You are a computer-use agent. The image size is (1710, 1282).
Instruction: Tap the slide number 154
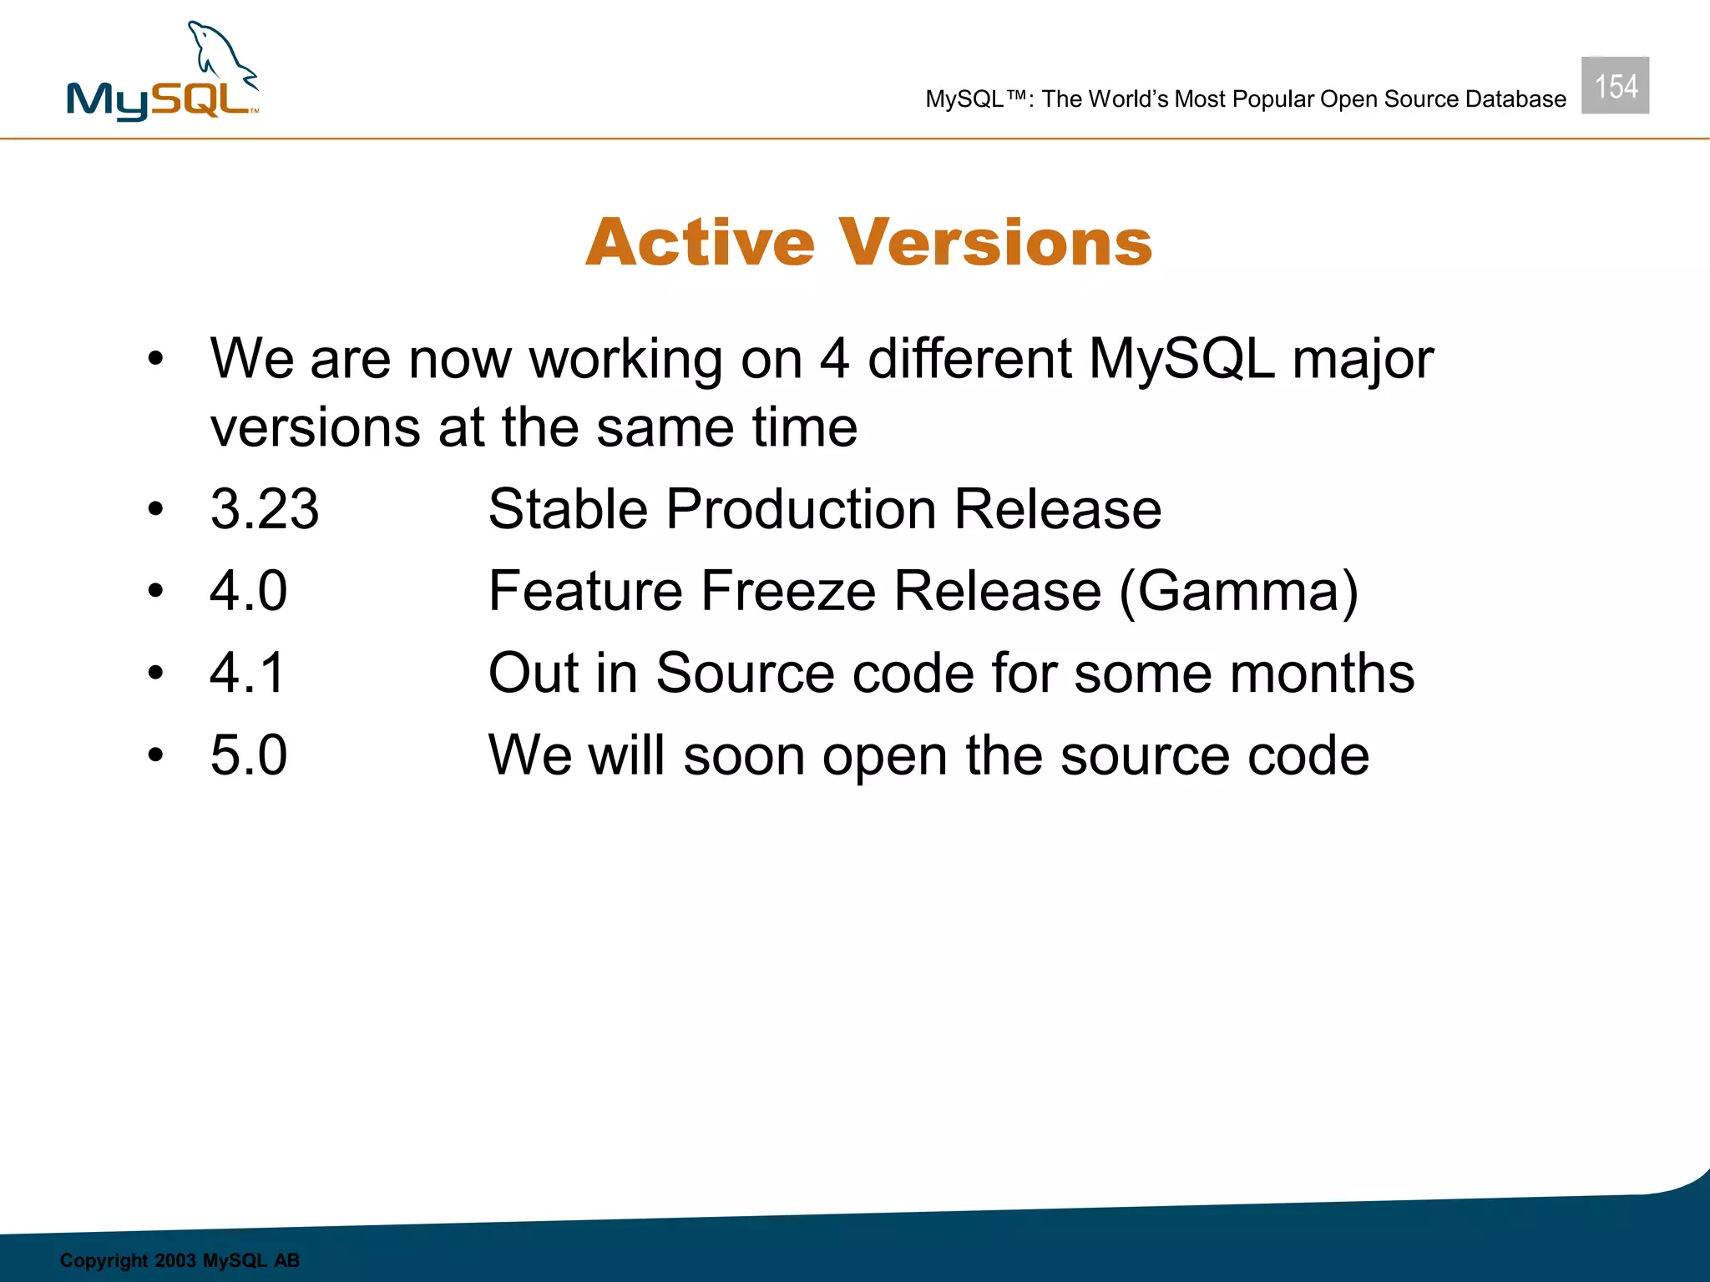(x=1615, y=86)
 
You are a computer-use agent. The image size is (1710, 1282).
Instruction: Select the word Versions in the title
(x=995, y=243)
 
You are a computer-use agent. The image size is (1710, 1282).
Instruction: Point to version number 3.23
(x=265, y=509)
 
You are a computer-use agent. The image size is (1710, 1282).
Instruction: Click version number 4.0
(x=248, y=591)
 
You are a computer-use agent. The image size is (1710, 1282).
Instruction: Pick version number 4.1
(x=247, y=673)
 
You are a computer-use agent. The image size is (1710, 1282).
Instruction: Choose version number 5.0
(x=248, y=755)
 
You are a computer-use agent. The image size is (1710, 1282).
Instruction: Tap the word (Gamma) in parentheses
(x=1238, y=591)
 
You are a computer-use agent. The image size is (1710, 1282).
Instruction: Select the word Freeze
(x=788, y=591)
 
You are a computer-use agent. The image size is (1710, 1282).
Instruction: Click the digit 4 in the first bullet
(x=834, y=359)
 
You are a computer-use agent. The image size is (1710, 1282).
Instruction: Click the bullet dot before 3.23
(x=155, y=509)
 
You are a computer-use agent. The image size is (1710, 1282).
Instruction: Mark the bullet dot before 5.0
(x=155, y=755)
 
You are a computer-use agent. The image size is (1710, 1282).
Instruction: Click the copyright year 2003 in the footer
(x=175, y=1260)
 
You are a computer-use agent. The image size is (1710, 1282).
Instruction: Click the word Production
(x=800, y=509)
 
